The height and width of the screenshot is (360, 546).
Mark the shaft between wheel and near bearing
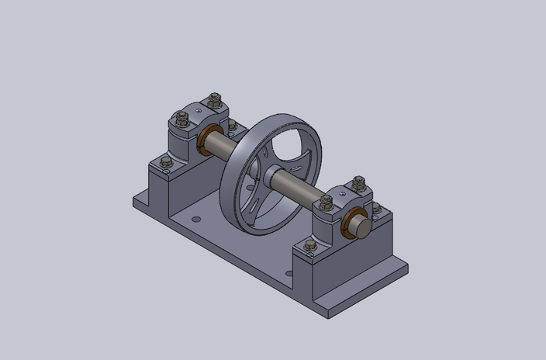pos(299,189)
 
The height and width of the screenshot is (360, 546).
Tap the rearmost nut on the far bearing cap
pos(215,100)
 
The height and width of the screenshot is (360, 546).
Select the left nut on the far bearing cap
pos(182,119)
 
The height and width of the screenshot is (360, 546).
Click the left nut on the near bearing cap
pos(327,202)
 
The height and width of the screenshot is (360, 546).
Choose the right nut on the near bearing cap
pos(358,183)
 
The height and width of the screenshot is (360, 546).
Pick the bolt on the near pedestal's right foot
pos(377,208)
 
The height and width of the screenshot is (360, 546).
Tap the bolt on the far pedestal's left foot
pos(165,162)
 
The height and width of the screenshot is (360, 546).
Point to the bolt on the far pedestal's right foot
pos(232,125)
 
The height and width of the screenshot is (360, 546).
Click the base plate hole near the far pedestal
pos(195,220)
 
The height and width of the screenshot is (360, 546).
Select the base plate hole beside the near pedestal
pos(289,273)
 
